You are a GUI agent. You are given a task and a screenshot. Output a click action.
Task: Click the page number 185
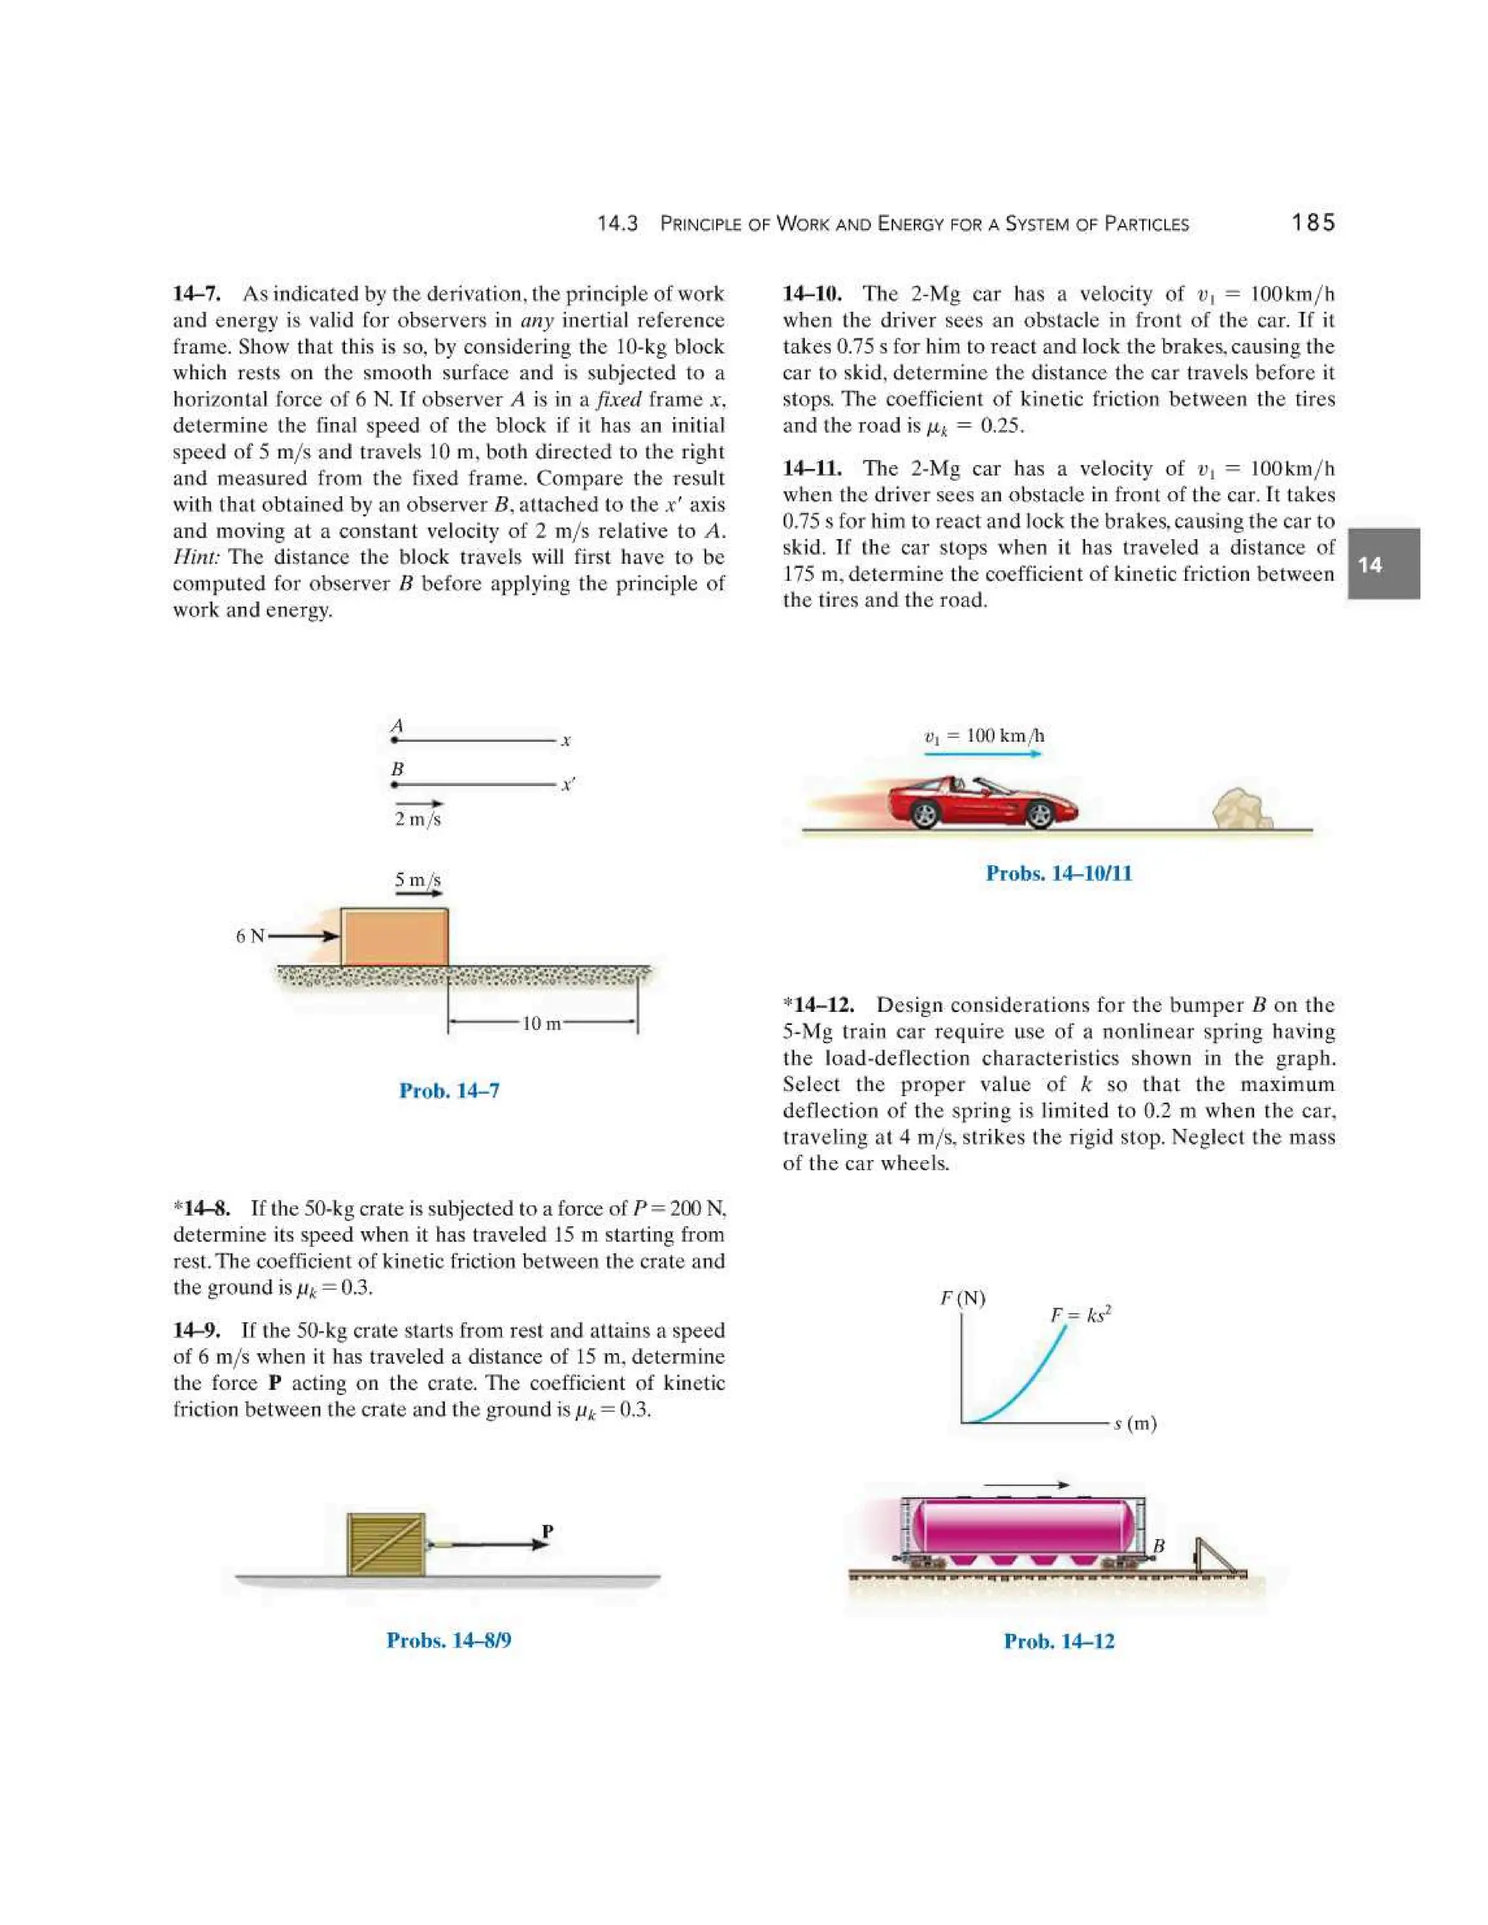click(x=1313, y=223)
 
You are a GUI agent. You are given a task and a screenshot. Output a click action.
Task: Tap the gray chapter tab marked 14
click(x=1382, y=564)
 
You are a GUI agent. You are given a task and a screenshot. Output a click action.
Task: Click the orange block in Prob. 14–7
click(x=394, y=937)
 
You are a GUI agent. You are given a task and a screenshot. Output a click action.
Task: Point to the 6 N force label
click(x=249, y=936)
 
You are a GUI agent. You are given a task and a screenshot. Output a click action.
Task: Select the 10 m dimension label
click(x=541, y=1024)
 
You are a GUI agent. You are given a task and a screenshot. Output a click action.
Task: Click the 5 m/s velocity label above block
click(x=417, y=880)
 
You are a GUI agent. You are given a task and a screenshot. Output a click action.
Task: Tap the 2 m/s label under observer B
click(x=417, y=819)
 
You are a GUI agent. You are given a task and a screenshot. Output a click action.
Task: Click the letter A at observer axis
click(x=397, y=726)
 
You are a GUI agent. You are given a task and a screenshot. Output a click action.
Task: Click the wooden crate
click(x=385, y=1544)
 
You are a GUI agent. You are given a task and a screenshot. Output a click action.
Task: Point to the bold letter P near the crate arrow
click(x=547, y=1532)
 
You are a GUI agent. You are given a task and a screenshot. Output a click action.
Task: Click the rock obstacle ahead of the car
click(x=1240, y=809)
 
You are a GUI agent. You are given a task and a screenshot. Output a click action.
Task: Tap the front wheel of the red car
click(x=1039, y=814)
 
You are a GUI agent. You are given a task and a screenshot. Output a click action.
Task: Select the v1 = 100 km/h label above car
click(x=984, y=736)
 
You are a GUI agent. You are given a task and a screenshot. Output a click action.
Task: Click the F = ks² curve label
click(x=1080, y=1315)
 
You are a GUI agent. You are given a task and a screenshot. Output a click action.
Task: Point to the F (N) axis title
click(x=963, y=1298)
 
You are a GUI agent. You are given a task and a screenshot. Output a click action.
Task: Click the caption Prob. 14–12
click(x=1059, y=1641)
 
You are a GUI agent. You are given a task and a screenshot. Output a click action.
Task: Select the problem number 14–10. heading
click(x=812, y=293)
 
